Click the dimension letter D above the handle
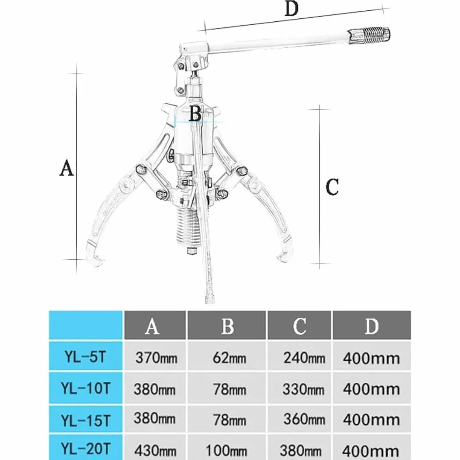(x=291, y=9)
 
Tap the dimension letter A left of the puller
(x=67, y=168)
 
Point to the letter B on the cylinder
(x=195, y=114)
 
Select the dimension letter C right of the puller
(x=332, y=187)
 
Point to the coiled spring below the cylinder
(x=188, y=224)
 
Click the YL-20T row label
(x=85, y=449)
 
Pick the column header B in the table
(x=227, y=326)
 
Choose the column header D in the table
(x=371, y=326)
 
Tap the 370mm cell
(x=156, y=358)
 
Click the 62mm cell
(x=230, y=358)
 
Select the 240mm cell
(x=304, y=358)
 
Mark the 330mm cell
(x=303, y=389)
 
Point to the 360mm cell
(x=304, y=419)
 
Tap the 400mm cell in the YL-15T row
(x=371, y=420)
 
